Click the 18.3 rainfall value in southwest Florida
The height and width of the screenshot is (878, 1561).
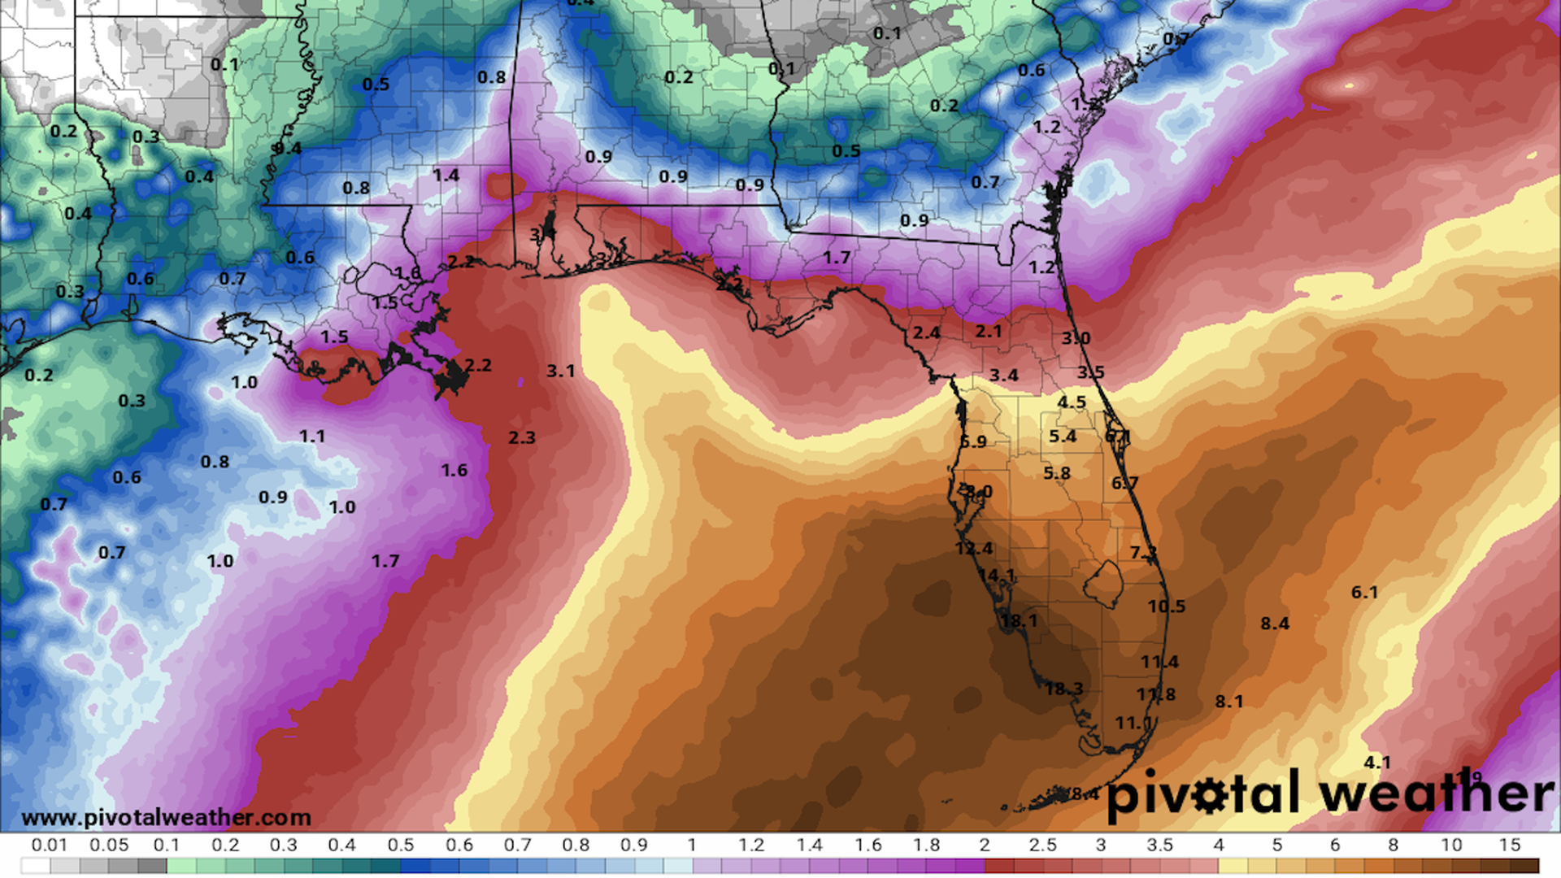(1064, 689)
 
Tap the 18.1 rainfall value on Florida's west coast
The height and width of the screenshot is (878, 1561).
(1019, 621)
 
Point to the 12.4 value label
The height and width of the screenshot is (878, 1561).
(974, 549)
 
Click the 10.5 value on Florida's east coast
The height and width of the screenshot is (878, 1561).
(1167, 606)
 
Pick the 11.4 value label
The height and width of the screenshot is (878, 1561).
(1159, 662)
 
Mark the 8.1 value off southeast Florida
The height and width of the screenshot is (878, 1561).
(1229, 702)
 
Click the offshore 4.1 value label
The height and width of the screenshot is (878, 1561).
(1377, 763)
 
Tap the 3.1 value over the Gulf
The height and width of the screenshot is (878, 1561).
(560, 372)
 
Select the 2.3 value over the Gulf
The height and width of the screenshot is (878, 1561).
(522, 438)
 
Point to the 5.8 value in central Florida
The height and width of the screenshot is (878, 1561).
(1057, 473)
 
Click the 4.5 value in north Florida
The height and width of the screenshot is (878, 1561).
(1072, 402)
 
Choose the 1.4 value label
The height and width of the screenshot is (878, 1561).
(446, 176)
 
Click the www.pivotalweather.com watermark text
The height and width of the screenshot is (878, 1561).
(167, 817)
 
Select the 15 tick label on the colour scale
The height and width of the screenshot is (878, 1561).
(1510, 845)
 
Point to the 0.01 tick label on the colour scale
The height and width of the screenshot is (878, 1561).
(50, 845)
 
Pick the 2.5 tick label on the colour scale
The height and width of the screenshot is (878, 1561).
(1042, 845)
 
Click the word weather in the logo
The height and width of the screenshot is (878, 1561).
(1437, 793)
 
